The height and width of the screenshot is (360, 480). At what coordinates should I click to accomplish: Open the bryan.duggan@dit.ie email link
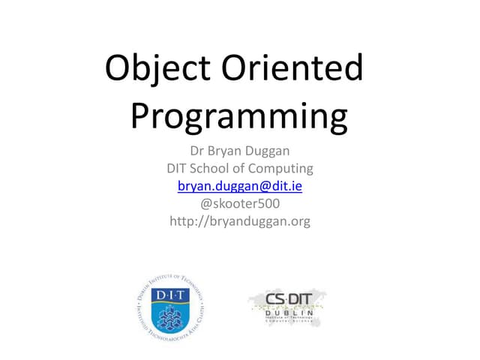pyautogui.click(x=239, y=185)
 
